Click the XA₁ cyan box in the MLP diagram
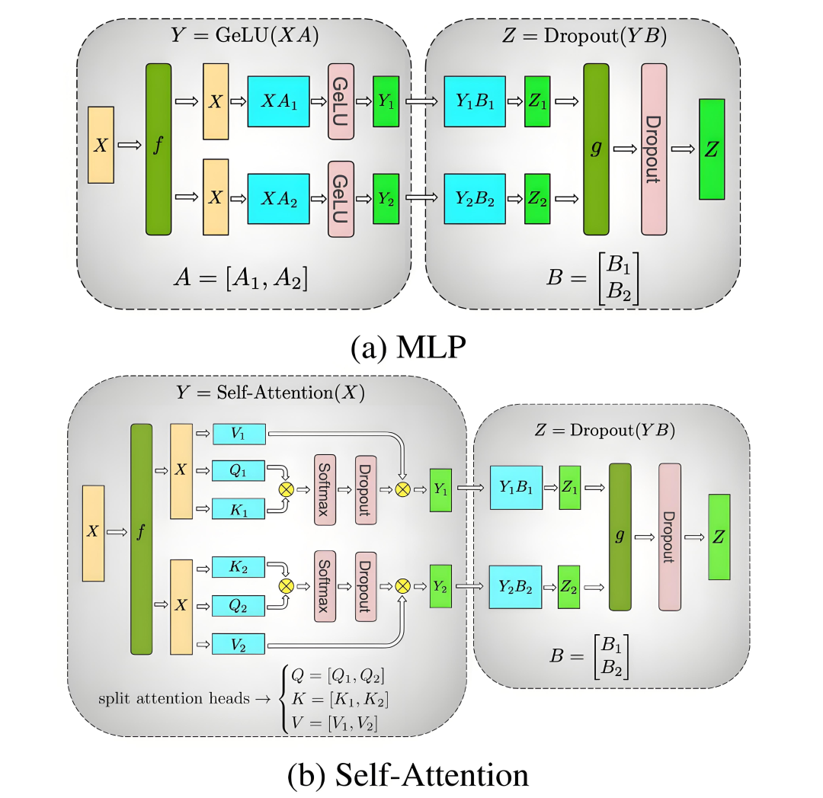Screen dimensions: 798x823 [278, 101]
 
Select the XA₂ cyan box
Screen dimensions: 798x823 [278, 198]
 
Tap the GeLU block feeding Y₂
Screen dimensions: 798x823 [341, 198]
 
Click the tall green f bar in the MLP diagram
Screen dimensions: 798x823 [159, 149]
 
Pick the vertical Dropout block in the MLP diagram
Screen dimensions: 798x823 [654, 149]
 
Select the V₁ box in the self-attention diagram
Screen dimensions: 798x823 [239, 434]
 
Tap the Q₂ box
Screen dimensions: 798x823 [239, 605]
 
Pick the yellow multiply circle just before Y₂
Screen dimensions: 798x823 [404, 586]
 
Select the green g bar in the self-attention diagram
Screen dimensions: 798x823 [621, 537]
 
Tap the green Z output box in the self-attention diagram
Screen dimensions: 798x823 [719, 537]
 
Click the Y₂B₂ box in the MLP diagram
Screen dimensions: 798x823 [475, 198]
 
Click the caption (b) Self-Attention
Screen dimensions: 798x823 [408, 775]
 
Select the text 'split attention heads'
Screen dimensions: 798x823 [172, 698]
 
